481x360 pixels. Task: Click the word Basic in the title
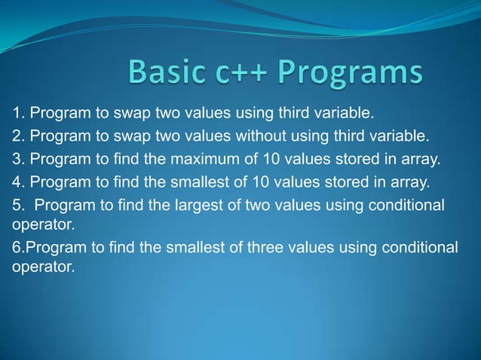coord(165,74)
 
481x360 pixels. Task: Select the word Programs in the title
coord(351,74)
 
